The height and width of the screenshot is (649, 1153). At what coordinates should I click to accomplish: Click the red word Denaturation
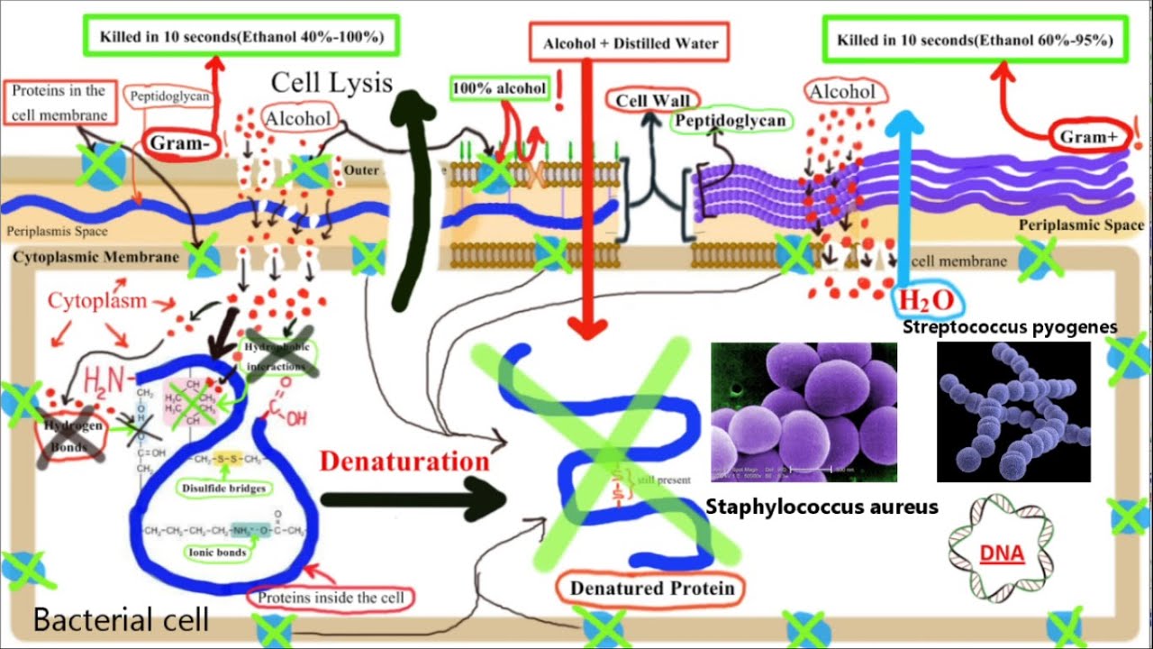tap(404, 462)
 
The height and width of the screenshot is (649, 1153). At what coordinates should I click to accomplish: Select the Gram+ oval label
tap(1087, 137)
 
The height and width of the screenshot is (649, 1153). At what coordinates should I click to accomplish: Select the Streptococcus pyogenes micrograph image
tap(1013, 413)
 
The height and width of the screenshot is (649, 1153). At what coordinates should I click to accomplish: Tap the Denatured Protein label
tap(652, 589)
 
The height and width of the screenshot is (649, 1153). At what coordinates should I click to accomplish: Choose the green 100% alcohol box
tap(498, 88)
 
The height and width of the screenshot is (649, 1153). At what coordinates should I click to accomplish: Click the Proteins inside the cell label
tap(331, 597)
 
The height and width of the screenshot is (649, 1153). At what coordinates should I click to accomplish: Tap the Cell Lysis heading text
tap(332, 83)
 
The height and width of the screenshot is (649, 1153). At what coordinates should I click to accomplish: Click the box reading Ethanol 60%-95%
tap(975, 41)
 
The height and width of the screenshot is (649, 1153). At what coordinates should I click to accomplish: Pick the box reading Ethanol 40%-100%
tap(241, 38)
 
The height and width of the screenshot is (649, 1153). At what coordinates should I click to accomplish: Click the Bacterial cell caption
tap(121, 620)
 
